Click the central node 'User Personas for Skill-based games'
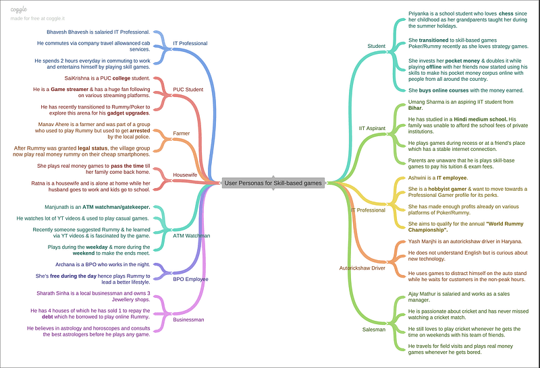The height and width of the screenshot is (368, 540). [x=273, y=182]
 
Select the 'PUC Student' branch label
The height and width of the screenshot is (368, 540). [x=188, y=90]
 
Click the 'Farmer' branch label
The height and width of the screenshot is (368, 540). [x=181, y=133]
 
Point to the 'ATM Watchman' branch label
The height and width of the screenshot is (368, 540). [x=192, y=236]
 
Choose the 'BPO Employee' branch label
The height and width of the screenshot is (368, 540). [x=190, y=278]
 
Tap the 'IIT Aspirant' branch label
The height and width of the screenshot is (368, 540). [x=372, y=127]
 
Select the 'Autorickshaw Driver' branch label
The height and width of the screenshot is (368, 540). [x=362, y=268]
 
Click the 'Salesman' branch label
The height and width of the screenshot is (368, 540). [x=373, y=330]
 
